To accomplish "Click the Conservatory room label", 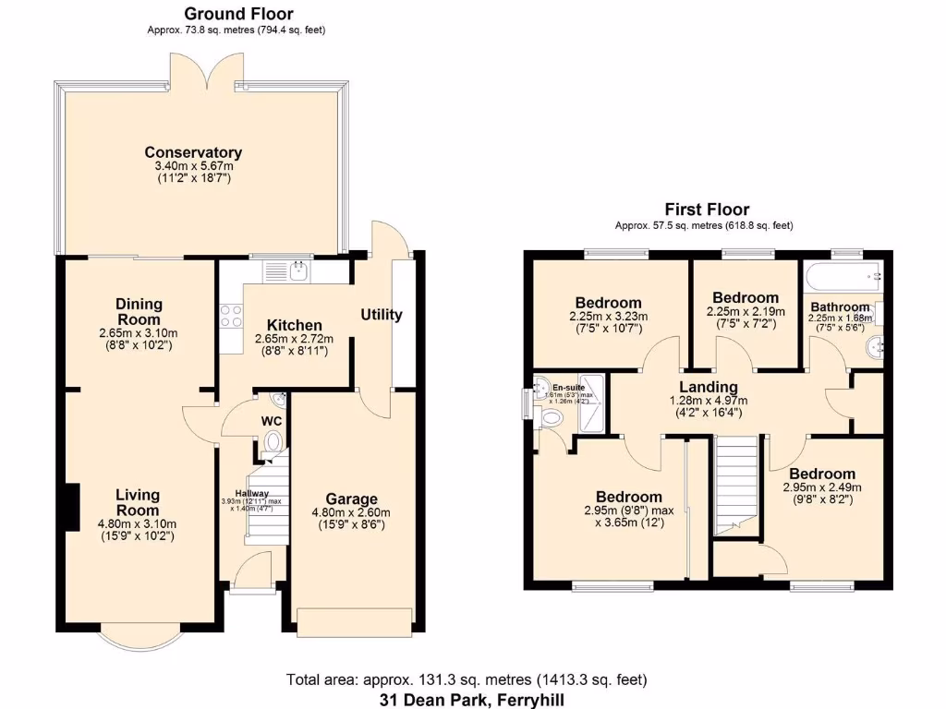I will click(x=193, y=152).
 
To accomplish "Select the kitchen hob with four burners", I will click(x=229, y=317).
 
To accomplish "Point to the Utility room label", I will click(x=382, y=315).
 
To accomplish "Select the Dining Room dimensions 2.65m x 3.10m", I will click(x=139, y=333).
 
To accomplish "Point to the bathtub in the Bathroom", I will click(x=843, y=275).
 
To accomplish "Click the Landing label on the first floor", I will click(x=708, y=387).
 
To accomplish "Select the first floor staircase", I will click(x=735, y=485).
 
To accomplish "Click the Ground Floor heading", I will click(x=238, y=14).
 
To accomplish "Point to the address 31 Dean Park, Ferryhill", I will click(x=471, y=699).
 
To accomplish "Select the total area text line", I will click(x=472, y=681).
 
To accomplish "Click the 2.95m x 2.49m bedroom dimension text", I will click(x=821, y=487).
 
